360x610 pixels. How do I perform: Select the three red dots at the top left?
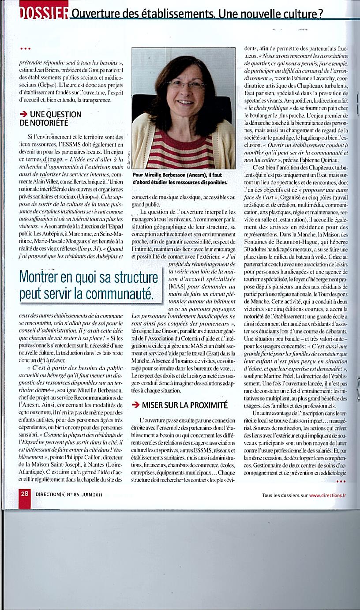25,49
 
